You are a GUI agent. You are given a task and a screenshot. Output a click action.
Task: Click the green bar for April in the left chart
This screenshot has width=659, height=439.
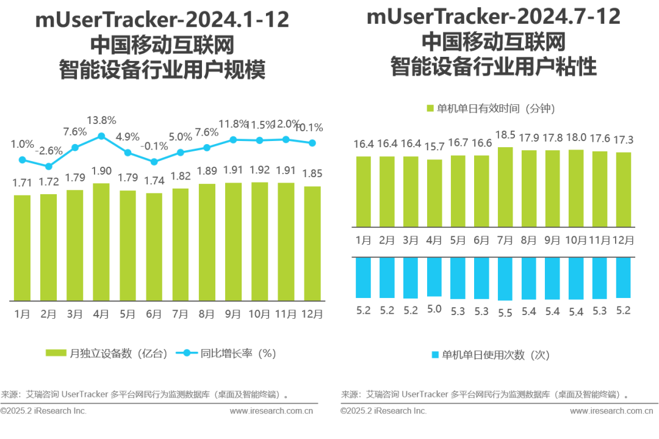101,242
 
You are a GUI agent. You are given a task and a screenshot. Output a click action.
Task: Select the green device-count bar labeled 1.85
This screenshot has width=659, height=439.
312,243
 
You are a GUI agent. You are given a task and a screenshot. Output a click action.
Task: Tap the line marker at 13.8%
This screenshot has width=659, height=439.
101,136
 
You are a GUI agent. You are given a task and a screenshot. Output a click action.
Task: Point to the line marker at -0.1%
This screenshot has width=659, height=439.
154,162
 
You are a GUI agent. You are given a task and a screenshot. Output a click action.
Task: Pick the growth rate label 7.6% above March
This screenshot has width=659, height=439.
75,132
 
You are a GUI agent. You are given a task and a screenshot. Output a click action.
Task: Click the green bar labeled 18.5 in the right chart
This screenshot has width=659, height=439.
505,187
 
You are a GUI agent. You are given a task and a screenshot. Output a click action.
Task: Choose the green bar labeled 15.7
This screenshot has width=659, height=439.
434,193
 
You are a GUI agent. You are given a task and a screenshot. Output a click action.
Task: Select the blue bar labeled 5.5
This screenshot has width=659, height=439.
505,279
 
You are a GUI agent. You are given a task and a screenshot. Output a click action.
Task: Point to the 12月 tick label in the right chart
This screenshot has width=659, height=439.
623,240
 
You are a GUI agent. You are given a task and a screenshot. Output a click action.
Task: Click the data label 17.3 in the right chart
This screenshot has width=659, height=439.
623,140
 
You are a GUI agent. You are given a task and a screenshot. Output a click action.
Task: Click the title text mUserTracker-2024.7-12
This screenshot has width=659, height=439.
493,18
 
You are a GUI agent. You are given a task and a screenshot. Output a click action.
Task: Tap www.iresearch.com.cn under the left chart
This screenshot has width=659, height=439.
272,411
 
